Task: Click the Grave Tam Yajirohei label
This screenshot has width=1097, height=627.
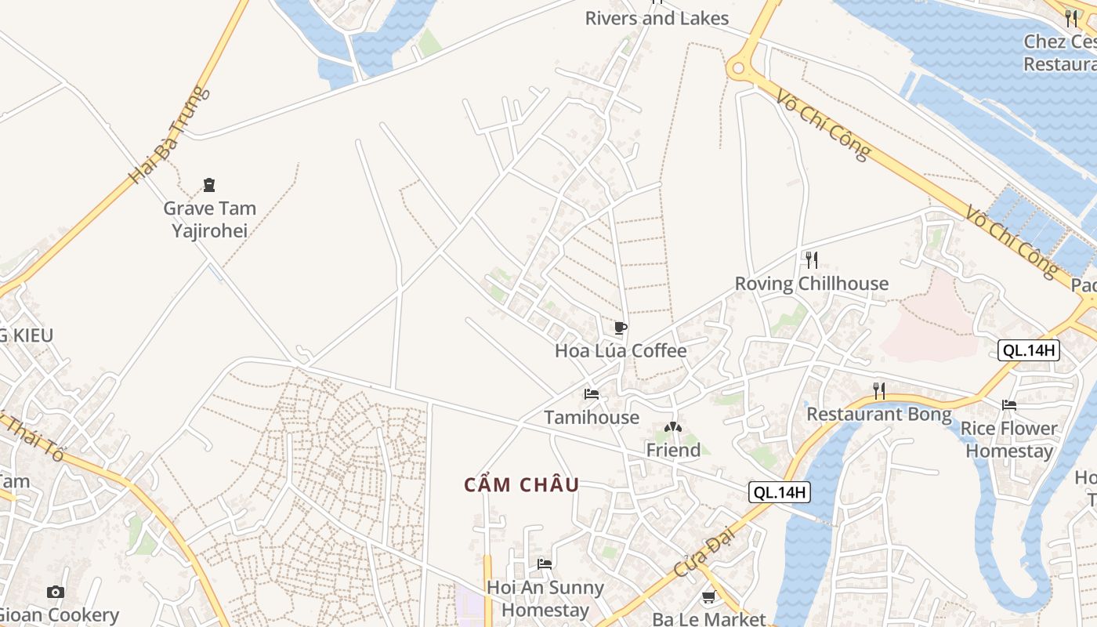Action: [209, 219]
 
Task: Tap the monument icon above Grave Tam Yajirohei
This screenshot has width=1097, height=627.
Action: [209, 186]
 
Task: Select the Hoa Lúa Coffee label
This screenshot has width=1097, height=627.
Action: [621, 350]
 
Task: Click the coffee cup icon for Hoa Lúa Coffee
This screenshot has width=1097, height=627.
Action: [621, 328]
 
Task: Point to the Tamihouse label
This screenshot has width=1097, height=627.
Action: [592, 417]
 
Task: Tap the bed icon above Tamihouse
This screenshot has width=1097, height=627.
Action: [592, 393]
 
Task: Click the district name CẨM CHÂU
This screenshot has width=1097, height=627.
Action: [522, 484]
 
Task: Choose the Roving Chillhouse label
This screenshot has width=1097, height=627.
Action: [811, 283]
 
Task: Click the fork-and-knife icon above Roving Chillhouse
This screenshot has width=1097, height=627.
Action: [812, 259]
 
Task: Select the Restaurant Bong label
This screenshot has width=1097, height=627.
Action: [879, 414]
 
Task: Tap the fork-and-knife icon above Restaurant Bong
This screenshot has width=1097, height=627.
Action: [879, 390]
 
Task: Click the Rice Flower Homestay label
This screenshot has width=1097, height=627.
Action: [1009, 440]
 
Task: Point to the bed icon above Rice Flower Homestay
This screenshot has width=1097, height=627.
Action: [1009, 405]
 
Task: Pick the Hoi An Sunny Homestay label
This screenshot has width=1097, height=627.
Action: [545, 599]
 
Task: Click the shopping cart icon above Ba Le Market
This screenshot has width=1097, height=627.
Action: [709, 597]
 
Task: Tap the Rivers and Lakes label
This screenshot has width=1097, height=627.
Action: [657, 18]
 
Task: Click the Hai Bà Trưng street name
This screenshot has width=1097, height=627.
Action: [170, 135]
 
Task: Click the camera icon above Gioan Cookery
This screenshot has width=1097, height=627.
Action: [55, 592]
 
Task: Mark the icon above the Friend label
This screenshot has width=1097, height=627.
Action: [673, 427]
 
